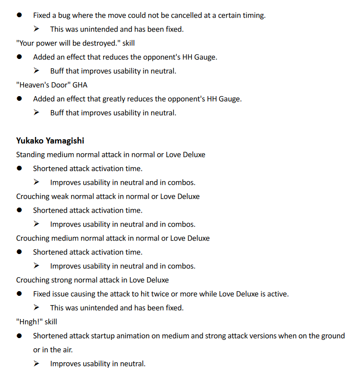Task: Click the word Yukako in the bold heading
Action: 29,140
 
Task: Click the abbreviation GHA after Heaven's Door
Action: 80,85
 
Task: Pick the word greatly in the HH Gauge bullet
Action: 114,99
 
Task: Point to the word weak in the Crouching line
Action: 59,196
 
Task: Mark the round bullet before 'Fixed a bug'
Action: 19,15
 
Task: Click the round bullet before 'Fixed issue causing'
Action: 19,294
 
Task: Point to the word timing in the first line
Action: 254,15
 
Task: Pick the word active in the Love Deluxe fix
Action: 278,294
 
